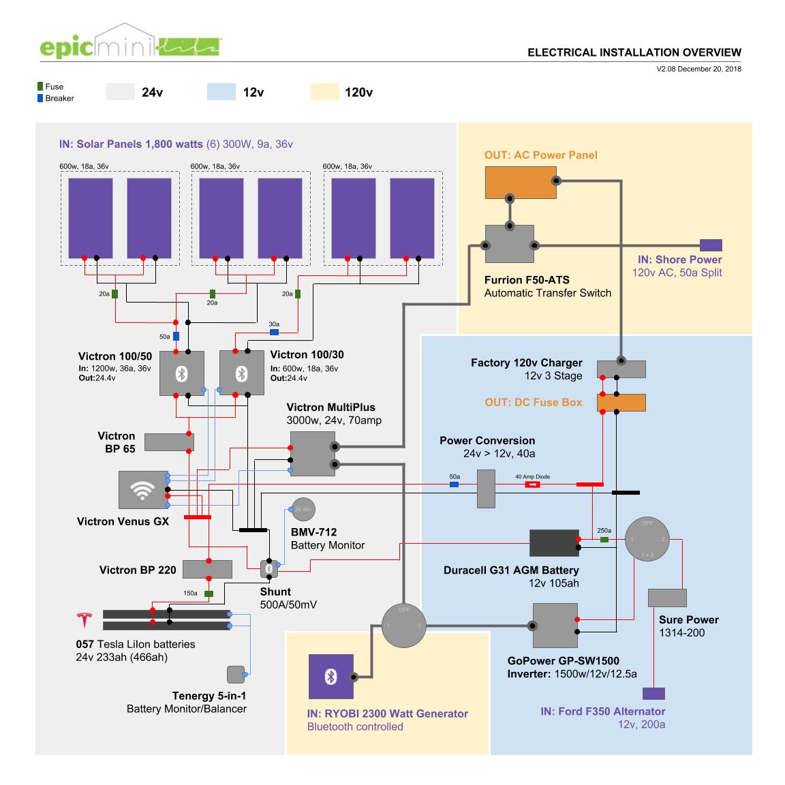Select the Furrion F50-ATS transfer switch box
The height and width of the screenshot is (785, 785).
pyautogui.click(x=509, y=244)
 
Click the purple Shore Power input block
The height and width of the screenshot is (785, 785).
pyautogui.click(x=711, y=245)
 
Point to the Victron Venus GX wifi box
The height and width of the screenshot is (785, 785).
pyautogui.click(x=142, y=490)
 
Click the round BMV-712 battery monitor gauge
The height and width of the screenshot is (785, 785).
pyautogui.click(x=303, y=509)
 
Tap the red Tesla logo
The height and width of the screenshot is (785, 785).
pyautogui.click(x=84, y=620)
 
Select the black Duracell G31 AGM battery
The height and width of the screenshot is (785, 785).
pyautogui.click(x=554, y=542)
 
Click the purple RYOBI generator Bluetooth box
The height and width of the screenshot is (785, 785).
pyautogui.click(x=331, y=676)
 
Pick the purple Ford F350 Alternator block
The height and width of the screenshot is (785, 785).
pyautogui.click(x=653, y=694)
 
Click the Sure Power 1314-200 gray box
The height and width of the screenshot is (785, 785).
pyautogui.click(x=666, y=598)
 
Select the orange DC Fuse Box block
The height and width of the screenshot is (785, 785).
pyautogui.click(x=621, y=402)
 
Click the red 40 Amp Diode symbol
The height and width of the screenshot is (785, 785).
pyautogui.click(x=532, y=484)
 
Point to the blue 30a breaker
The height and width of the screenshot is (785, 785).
pyautogui.click(x=274, y=333)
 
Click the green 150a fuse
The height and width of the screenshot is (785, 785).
pyautogui.click(x=209, y=594)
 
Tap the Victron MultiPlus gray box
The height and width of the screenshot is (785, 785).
pyautogui.click(x=311, y=454)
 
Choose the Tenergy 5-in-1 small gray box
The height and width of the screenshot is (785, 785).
pyautogui.click(x=235, y=674)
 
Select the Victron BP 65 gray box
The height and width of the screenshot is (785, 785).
pyautogui.click(x=169, y=442)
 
